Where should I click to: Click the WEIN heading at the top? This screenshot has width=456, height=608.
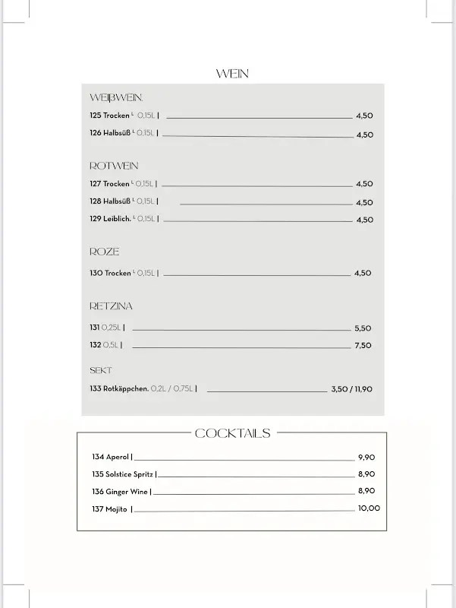(232, 74)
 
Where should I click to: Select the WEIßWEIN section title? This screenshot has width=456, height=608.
(116, 98)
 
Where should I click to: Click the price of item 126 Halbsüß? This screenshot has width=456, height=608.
(364, 135)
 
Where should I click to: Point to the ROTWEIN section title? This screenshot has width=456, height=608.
(114, 166)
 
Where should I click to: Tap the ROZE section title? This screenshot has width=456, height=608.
(105, 252)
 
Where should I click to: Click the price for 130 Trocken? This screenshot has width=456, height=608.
(363, 273)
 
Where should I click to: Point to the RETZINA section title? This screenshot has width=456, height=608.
(111, 306)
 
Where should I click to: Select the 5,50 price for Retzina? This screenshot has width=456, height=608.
(363, 328)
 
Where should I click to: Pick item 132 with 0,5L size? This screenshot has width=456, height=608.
(105, 345)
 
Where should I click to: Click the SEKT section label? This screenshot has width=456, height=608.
(101, 370)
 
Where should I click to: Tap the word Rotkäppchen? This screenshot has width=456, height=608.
(126, 389)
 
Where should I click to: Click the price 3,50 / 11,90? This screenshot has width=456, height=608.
(351, 389)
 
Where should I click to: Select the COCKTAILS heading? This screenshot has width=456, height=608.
(232, 433)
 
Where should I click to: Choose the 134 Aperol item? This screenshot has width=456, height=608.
(111, 457)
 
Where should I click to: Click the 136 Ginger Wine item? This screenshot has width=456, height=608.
(121, 492)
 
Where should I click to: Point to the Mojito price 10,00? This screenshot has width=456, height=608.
(369, 508)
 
